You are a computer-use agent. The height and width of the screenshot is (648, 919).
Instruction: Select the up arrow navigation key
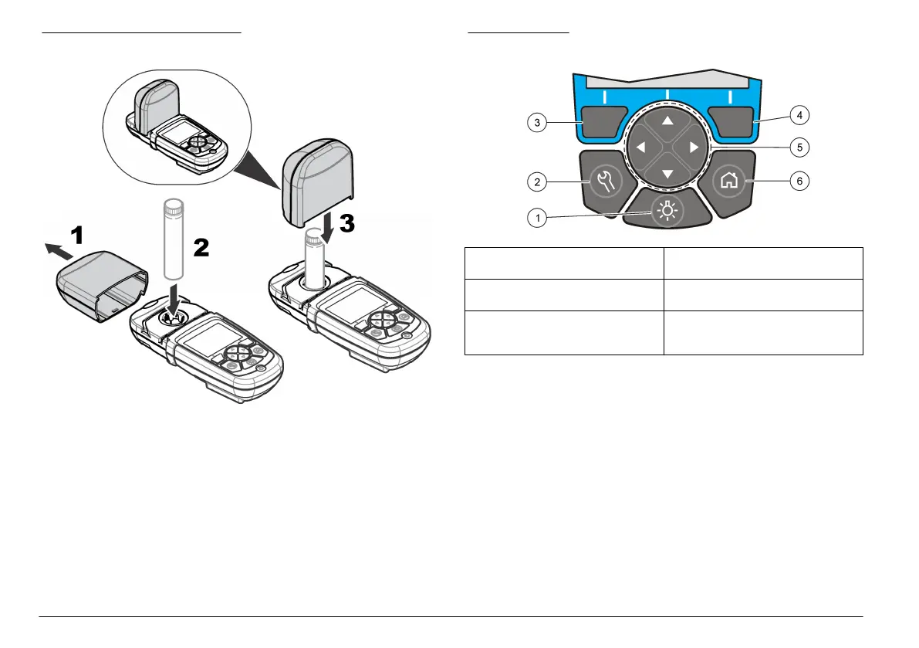coord(667,121)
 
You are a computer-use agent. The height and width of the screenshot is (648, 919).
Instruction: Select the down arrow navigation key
coord(667,174)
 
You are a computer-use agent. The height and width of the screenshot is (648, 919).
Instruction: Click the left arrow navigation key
coord(640,148)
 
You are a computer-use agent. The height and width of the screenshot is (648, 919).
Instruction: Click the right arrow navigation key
coord(694,148)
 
